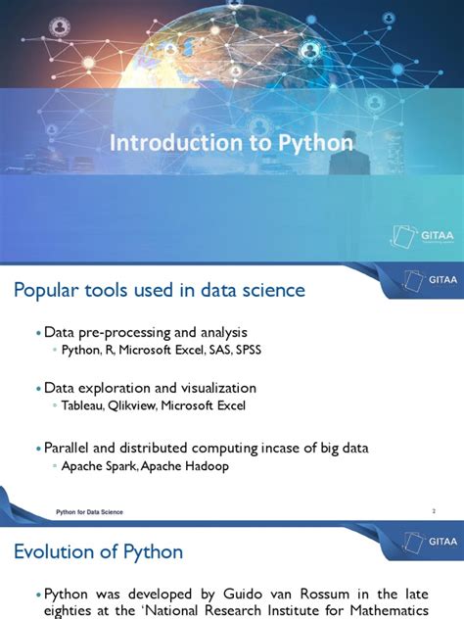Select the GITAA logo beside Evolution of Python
pyautogui.click(x=422, y=540)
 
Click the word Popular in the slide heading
pyautogui.click(x=51, y=291)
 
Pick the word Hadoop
pyautogui.click(x=206, y=466)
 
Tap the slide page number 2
pyautogui.click(x=433, y=512)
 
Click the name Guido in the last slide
pyautogui.click(x=230, y=595)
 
